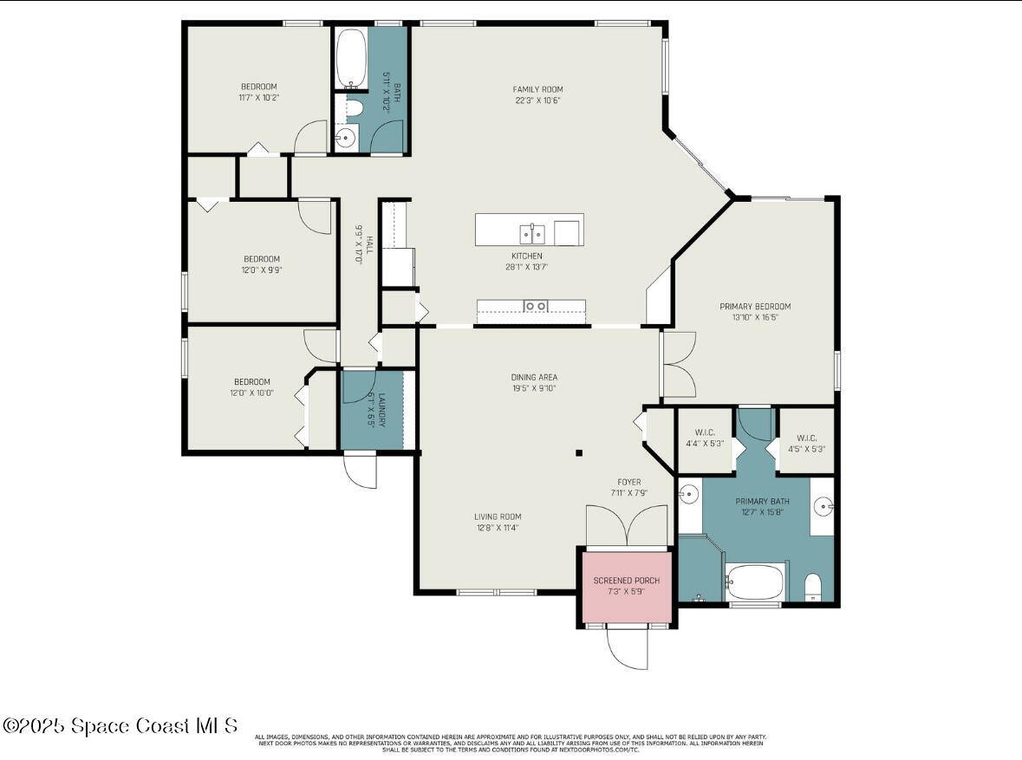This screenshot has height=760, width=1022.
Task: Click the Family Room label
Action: tap(537, 89)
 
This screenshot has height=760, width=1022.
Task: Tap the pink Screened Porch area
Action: tap(626, 586)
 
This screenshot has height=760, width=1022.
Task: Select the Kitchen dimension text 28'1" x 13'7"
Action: tap(526, 267)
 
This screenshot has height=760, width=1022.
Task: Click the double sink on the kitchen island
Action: tap(532, 233)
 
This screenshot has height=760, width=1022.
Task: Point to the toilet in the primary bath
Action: tap(813, 588)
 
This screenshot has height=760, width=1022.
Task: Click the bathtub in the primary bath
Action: tap(755, 581)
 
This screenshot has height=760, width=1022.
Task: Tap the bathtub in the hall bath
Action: tap(351, 59)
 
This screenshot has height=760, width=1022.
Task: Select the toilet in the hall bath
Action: tap(353, 108)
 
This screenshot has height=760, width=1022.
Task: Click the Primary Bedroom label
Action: tap(755, 306)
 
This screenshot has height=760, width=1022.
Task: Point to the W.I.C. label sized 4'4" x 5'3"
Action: tap(704, 432)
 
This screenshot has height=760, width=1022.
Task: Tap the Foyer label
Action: tap(628, 482)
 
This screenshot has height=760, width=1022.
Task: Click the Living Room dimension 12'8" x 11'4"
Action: tap(498, 527)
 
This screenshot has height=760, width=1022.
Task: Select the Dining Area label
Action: tap(533, 377)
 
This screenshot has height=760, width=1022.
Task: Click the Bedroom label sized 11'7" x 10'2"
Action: tap(258, 87)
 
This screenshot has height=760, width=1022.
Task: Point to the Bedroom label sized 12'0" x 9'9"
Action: tap(261, 259)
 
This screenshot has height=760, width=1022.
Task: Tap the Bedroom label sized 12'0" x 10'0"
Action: tap(251, 382)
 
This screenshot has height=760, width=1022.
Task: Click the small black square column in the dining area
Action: tap(580, 452)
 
